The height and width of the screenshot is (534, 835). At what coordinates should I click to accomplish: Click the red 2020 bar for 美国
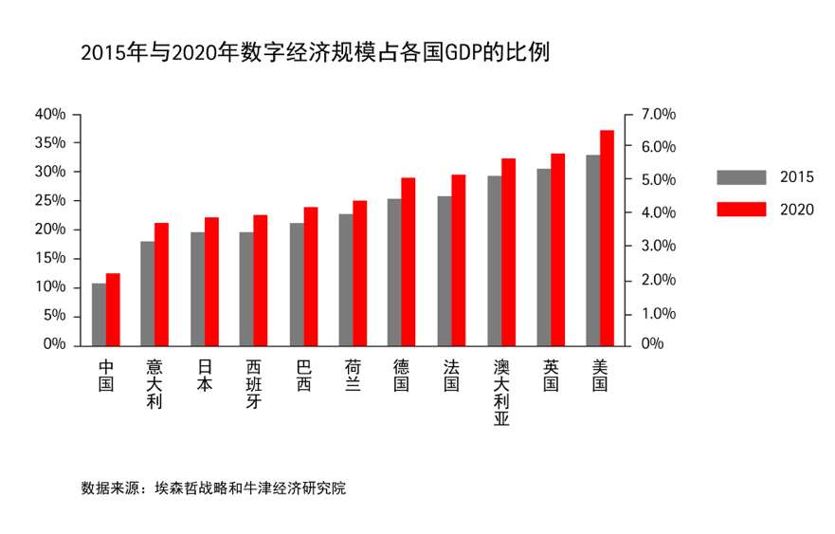(x=608, y=237)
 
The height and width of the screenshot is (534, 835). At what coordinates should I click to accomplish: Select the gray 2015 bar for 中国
(x=99, y=313)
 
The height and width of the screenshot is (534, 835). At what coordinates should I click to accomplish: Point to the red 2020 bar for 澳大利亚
(x=509, y=251)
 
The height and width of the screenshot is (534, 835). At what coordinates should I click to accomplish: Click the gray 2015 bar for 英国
(x=544, y=256)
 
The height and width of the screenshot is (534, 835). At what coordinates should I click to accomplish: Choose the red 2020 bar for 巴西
(x=311, y=275)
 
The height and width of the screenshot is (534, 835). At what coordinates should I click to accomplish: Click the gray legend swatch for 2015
(x=740, y=177)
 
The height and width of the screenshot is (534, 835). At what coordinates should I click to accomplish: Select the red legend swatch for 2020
(x=740, y=210)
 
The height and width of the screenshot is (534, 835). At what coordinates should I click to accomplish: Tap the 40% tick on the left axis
(x=50, y=114)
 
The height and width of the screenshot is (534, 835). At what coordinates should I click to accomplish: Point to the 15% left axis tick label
(x=50, y=258)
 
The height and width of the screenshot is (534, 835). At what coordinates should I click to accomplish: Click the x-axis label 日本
(x=205, y=376)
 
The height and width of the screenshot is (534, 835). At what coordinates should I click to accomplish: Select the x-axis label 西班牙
(x=254, y=383)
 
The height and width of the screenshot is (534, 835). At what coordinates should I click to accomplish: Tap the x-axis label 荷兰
(x=353, y=376)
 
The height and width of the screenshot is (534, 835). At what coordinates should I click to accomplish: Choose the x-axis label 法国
(x=451, y=376)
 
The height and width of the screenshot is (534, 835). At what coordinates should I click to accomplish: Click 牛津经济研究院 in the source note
(x=300, y=489)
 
